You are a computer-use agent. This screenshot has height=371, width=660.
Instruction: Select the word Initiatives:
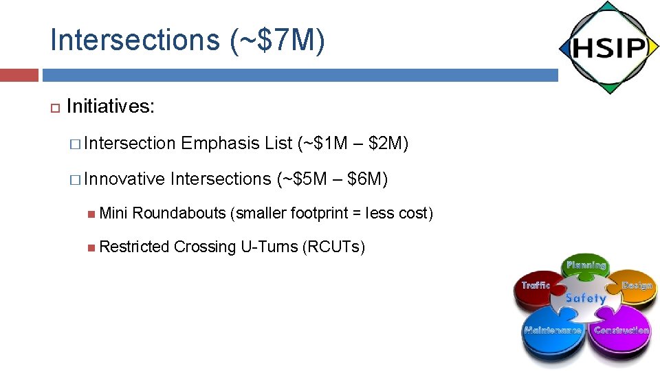(x=111, y=106)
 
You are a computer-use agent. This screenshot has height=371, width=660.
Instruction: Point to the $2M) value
(x=388, y=144)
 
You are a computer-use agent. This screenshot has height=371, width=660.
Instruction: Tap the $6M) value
(x=368, y=179)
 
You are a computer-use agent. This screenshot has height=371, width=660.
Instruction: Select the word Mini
(x=114, y=214)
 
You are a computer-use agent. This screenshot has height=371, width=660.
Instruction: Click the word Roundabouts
(x=179, y=214)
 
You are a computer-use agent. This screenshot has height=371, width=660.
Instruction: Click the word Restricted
(x=135, y=247)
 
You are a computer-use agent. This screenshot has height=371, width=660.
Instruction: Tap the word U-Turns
(x=269, y=247)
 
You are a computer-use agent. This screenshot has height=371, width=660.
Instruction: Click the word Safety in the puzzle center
(x=586, y=298)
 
